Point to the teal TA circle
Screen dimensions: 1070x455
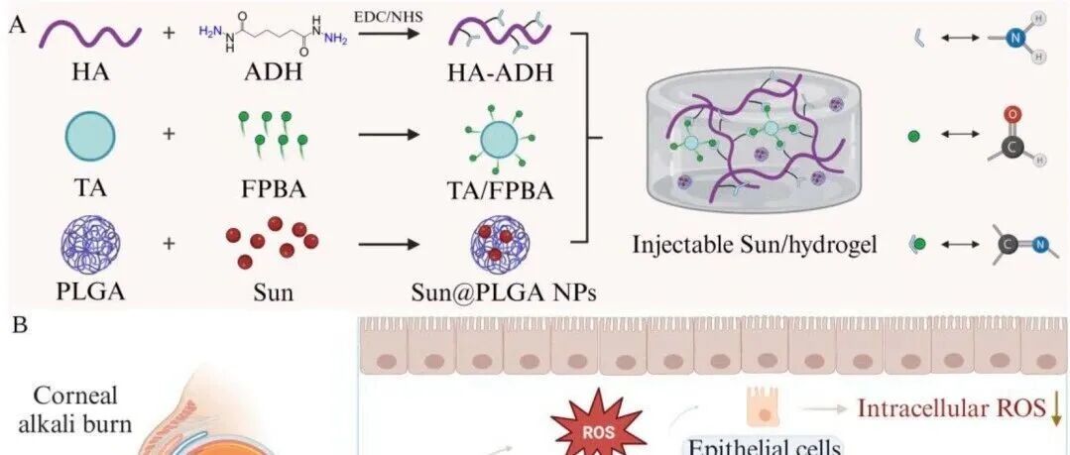90,137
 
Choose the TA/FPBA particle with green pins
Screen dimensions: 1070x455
492,139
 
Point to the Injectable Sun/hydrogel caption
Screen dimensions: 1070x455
755,244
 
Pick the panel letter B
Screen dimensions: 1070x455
17,325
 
